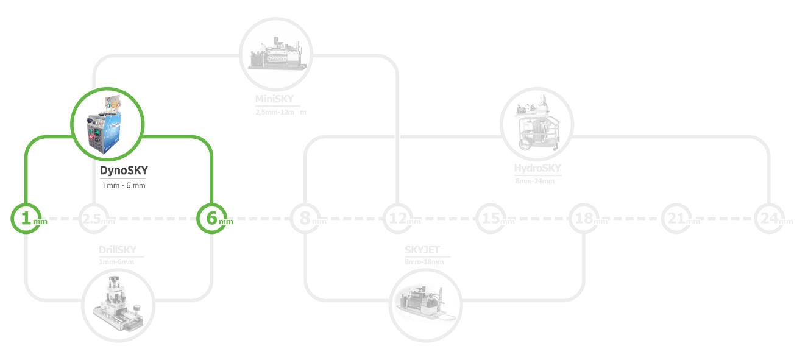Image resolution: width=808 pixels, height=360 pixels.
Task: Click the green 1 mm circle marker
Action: point(26,218)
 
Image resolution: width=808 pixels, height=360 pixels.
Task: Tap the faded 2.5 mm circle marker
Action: point(94,218)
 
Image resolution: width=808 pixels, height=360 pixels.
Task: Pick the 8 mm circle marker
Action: point(305,218)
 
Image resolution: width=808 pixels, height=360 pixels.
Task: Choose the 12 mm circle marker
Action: point(398,218)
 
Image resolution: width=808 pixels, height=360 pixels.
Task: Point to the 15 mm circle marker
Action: point(491,218)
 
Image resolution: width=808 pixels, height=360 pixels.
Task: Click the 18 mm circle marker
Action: point(584,218)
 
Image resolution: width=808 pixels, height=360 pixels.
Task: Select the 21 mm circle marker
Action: point(676,218)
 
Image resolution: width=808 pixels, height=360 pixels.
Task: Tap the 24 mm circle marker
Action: point(769,218)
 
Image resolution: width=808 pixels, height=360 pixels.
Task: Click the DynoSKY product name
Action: point(124,171)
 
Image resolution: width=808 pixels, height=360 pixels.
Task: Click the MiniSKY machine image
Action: point(275,53)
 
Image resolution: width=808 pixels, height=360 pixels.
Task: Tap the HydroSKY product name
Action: point(537,169)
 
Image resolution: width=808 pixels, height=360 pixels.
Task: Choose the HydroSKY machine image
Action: point(536,124)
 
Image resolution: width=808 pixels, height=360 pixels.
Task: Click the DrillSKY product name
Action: point(118,250)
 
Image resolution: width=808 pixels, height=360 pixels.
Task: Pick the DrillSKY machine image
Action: point(118,305)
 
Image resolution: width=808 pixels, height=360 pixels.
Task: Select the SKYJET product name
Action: point(422,250)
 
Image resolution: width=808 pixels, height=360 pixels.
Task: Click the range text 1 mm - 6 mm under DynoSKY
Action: point(124,185)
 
